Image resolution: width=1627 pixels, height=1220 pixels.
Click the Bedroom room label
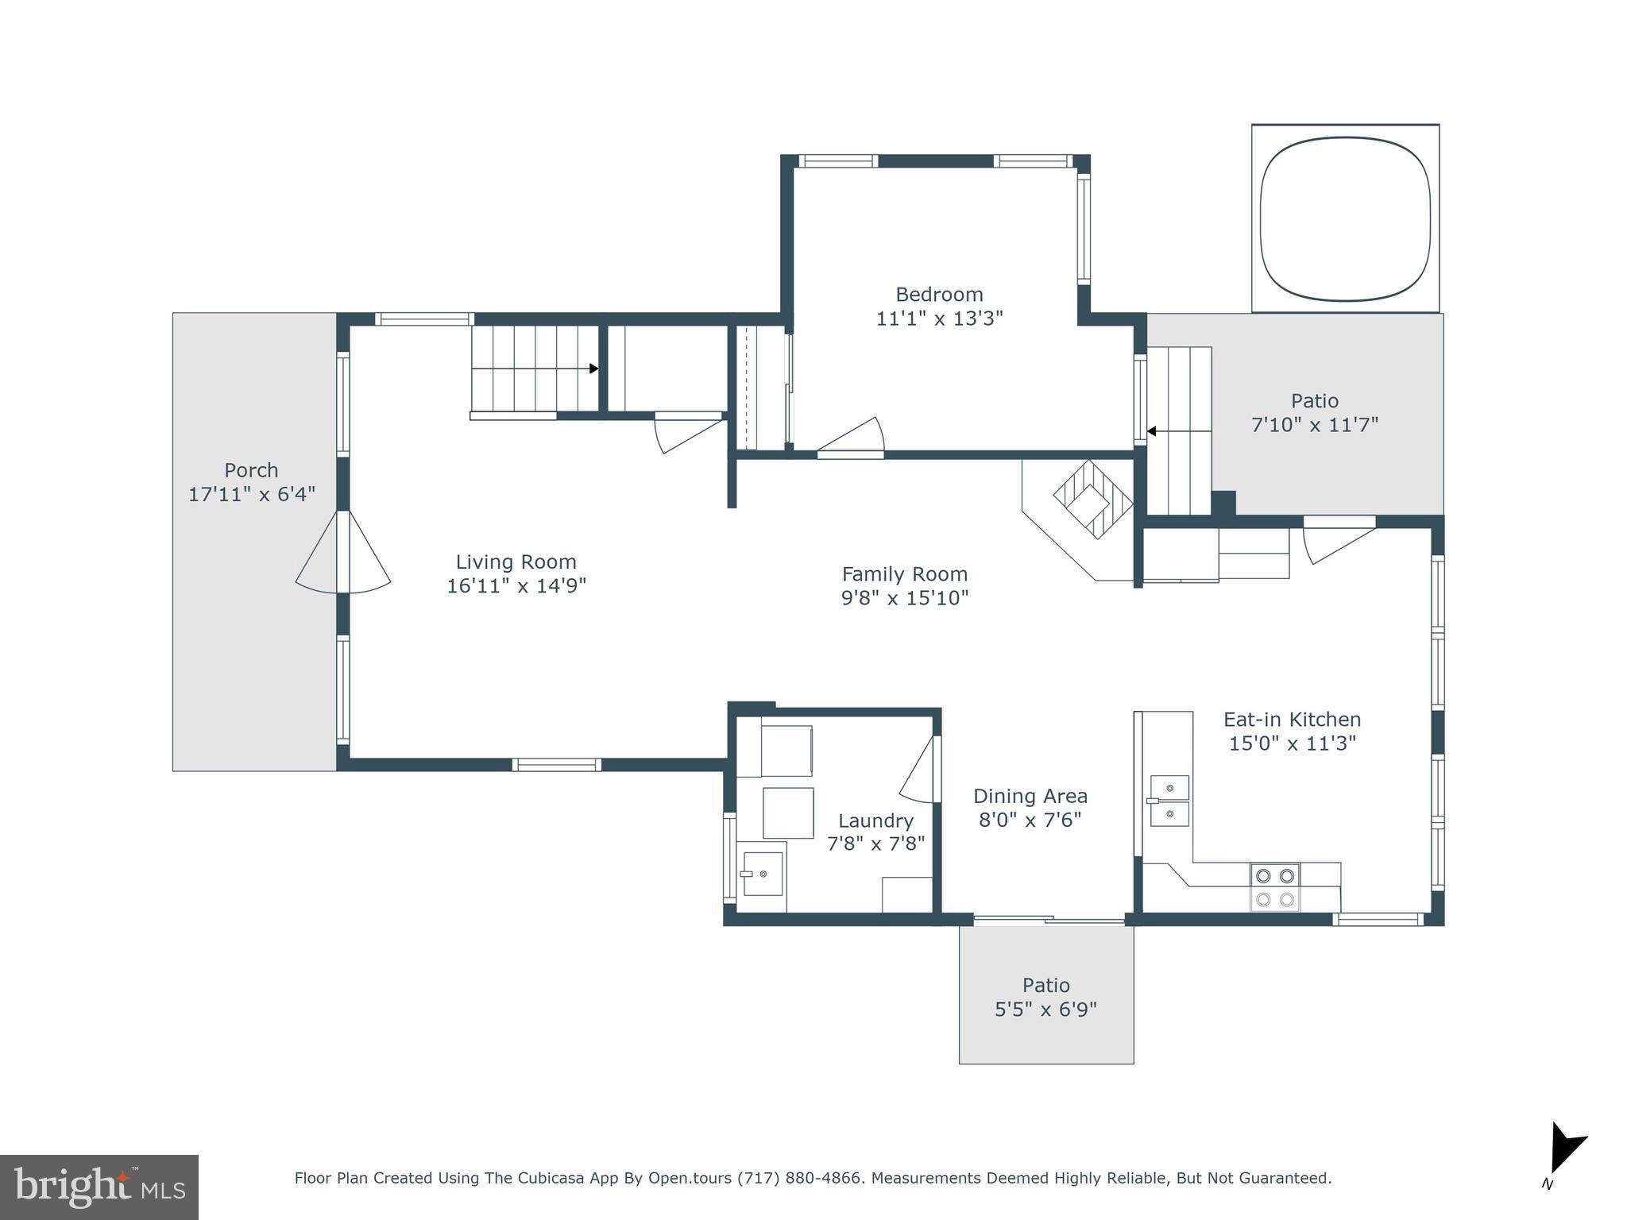tap(939, 295)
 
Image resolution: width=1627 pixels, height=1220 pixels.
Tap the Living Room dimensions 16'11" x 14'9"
tap(516, 586)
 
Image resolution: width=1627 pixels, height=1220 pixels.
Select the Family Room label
tap(904, 573)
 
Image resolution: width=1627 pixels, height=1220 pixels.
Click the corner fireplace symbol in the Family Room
tap(1092, 500)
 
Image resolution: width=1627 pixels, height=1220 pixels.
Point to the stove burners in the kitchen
tap(1274, 887)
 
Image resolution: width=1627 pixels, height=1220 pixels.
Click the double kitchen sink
tap(1169, 801)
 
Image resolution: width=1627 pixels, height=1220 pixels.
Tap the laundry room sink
tap(763, 873)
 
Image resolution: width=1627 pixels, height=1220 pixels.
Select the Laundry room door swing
tap(919, 769)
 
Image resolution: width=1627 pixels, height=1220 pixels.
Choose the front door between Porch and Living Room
tap(343, 552)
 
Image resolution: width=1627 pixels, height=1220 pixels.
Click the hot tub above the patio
tap(1345, 218)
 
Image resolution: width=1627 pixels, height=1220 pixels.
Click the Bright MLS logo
tap(99, 1187)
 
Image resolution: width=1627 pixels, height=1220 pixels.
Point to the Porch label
tap(251, 470)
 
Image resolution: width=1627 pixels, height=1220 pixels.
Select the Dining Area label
tap(1030, 796)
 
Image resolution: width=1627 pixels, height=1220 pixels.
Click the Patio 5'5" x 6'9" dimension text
tap(1045, 1010)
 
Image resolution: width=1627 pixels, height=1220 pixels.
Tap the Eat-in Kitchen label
tap(1292, 720)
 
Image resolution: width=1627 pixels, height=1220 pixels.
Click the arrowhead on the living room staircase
tap(593, 369)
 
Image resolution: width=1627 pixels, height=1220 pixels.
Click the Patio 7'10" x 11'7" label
tap(1314, 401)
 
